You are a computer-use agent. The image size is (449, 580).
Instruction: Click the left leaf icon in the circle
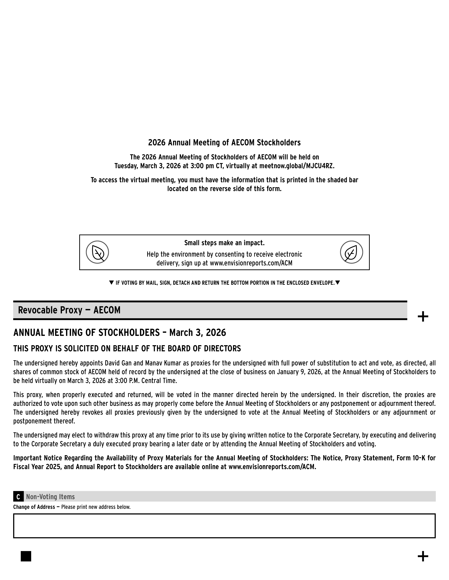[x=97, y=252]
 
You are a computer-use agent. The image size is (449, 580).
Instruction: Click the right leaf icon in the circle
[x=351, y=252]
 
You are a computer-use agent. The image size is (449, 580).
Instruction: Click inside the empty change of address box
[x=224, y=526]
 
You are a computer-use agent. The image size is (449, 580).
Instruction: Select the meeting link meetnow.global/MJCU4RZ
[x=296, y=166]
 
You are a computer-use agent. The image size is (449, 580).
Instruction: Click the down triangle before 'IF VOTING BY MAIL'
[x=111, y=283]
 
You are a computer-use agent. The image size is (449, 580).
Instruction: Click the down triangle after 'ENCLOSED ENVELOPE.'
[x=337, y=283]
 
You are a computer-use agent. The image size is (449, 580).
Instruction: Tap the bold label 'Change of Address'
[x=34, y=507]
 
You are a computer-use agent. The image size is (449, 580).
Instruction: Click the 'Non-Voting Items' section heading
[x=50, y=497]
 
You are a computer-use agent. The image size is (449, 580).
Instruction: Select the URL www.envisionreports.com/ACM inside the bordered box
[x=251, y=263]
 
